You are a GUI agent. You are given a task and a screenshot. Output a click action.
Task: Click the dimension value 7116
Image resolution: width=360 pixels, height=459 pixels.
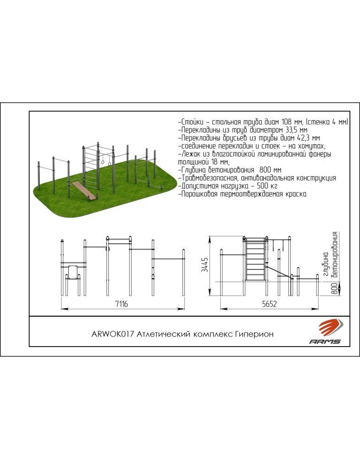tap(122, 304)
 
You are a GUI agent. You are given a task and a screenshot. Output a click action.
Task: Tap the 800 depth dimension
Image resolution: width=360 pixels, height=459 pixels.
tap(335, 288)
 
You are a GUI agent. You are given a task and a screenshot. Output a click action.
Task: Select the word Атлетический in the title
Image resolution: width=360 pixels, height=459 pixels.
tap(164, 334)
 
